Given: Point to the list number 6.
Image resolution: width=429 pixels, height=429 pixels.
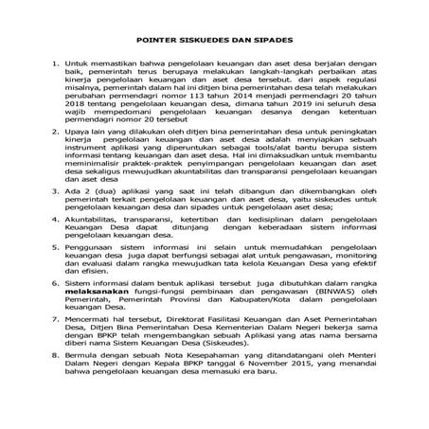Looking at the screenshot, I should [54, 307].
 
